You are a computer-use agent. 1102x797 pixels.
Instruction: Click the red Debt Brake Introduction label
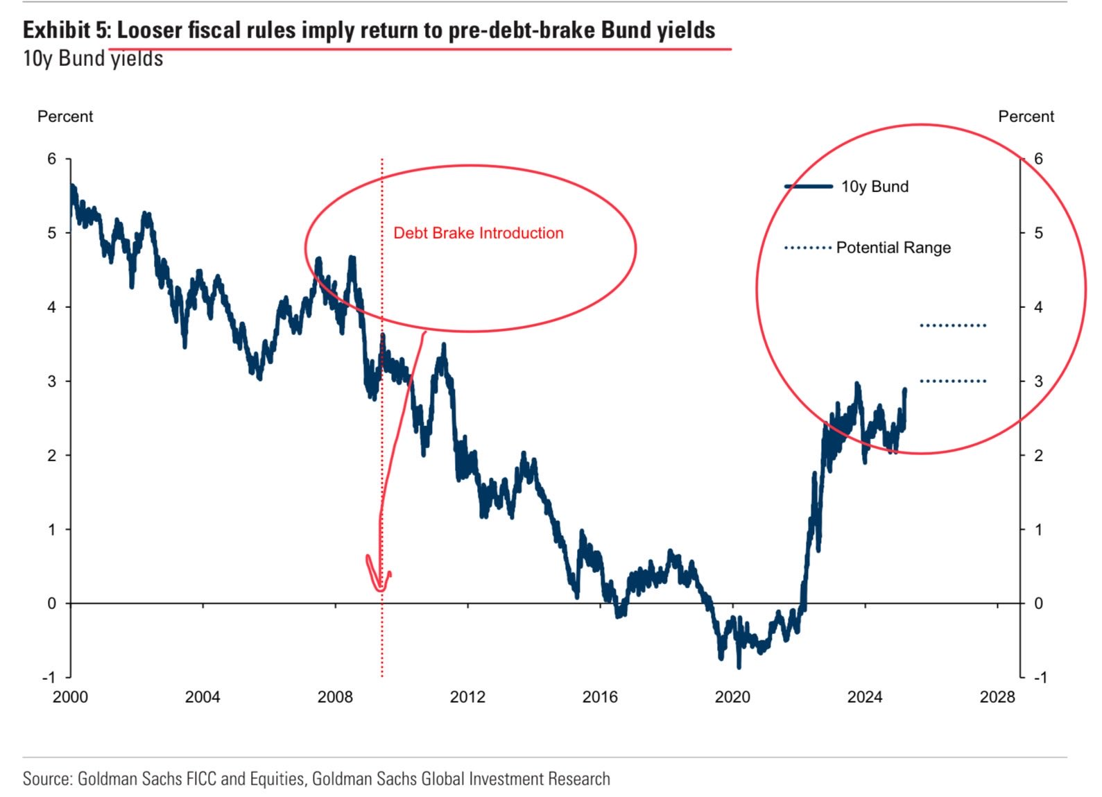(x=478, y=233)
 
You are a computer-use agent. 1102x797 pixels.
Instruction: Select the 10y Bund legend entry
(x=874, y=187)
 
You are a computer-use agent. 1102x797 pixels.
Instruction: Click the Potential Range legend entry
(x=893, y=248)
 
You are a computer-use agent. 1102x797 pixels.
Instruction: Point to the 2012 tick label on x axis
(x=467, y=696)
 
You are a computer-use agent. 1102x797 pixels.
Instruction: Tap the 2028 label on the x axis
(x=997, y=696)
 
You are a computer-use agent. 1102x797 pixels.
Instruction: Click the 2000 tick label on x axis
(x=70, y=696)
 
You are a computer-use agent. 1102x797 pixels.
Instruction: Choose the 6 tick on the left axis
(x=52, y=159)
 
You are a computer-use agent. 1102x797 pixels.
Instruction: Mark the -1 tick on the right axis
(x=1040, y=678)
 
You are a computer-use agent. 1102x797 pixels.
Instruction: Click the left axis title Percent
(x=65, y=117)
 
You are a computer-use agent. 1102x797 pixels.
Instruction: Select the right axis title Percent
(x=1026, y=117)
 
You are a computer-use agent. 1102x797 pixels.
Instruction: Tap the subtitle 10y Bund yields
(x=93, y=59)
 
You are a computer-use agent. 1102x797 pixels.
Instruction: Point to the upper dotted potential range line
(x=953, y=325)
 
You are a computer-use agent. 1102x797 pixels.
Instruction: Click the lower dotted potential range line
(x=953, y=381)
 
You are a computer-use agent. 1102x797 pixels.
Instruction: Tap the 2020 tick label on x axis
(x=732, y=696)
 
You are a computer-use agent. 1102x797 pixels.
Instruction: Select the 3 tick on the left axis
(x=52, y=382)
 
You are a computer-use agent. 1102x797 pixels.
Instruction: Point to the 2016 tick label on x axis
(x=600, y=696)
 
